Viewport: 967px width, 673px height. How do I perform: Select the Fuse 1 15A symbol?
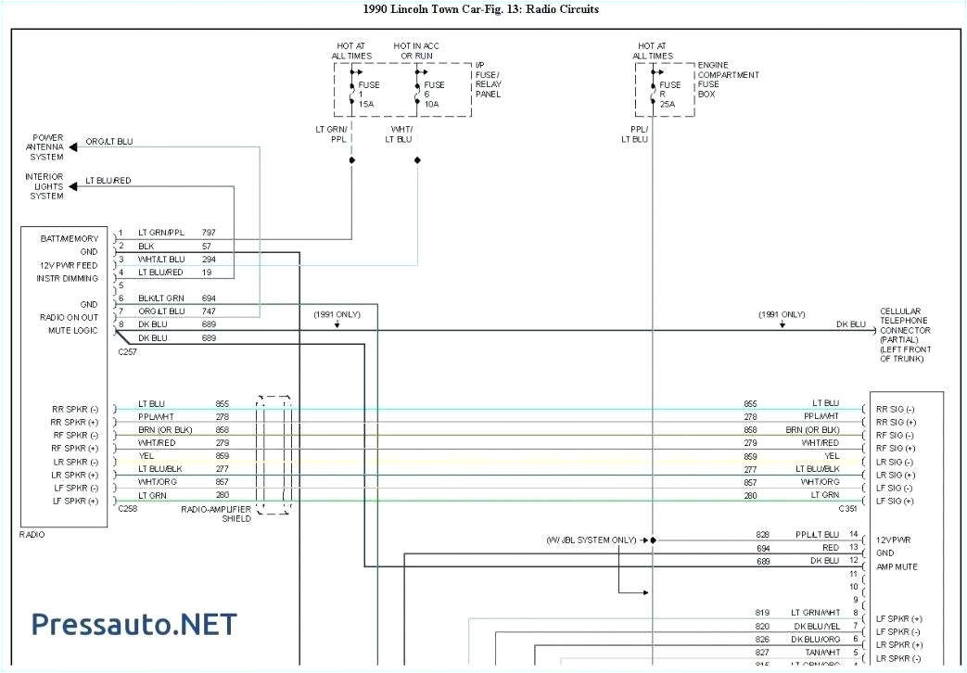[x=352, y=87]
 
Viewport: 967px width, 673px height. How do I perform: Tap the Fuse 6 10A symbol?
[x=417, y=87]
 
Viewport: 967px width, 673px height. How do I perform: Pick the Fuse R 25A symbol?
[x=653, y=87]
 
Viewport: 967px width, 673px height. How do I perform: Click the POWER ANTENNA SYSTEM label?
[x=45, y=147]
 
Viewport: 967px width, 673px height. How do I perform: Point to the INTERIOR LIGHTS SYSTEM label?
[x=45, y=186]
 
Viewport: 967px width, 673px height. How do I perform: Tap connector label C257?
[x=127, y=352]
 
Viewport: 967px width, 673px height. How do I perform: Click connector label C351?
[x=847, y=509]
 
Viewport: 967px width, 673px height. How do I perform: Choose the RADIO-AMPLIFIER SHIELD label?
[x=216, y=514]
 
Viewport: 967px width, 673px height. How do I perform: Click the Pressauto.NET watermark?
[x=134, y=624]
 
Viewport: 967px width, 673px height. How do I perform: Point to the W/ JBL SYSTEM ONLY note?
[x=591, y=540]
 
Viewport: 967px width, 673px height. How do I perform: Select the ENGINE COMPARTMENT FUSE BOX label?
[x=727, y=80]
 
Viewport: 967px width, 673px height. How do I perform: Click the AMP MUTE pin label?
[x=897, y=565]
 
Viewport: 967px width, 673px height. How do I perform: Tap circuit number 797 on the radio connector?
[x=210, y=232]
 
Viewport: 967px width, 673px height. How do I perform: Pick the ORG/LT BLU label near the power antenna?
[x=109, y=142]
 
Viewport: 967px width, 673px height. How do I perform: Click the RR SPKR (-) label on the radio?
[x=75, y=409]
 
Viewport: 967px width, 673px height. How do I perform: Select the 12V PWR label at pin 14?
[x=895, y=539]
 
